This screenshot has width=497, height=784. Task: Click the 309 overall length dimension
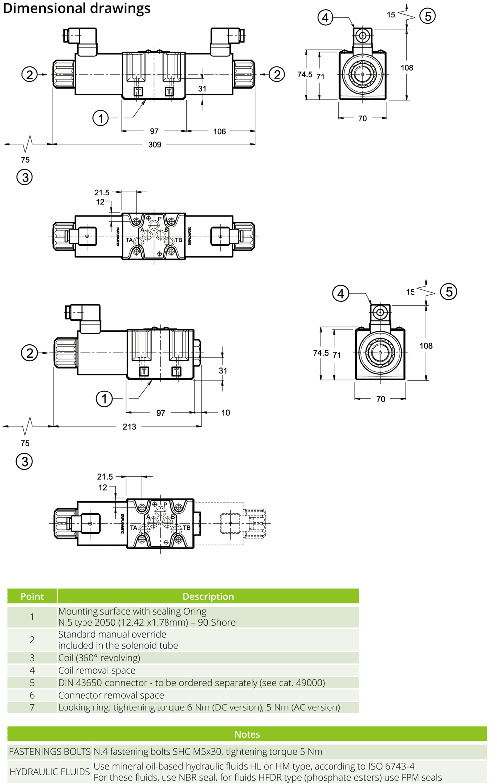point(155,145)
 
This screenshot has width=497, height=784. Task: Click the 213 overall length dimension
point(129,427)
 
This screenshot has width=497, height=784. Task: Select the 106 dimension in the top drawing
point(219,132)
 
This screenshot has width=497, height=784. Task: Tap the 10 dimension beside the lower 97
point(225,413)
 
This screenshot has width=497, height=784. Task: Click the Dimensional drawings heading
point(77,8)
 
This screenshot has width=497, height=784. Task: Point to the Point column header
point(32,596)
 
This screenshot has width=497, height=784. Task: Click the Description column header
point(208,596)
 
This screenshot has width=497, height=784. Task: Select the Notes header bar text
point(247,734)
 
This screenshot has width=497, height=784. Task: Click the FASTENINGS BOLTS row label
point(50,752)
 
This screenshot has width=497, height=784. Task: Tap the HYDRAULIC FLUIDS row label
point(50,772)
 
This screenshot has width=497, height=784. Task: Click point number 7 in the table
point(32,707)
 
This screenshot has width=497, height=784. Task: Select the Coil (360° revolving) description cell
point(99,658)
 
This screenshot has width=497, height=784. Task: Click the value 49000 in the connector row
point(309,683)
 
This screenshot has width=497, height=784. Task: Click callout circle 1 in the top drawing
point(101,118)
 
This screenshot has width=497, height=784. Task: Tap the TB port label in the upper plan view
point(178,240)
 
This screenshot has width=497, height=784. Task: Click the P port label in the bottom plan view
point(165,505)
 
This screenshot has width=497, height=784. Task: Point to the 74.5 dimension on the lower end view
point(321,353)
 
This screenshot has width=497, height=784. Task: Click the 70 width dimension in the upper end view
point(362,119)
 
